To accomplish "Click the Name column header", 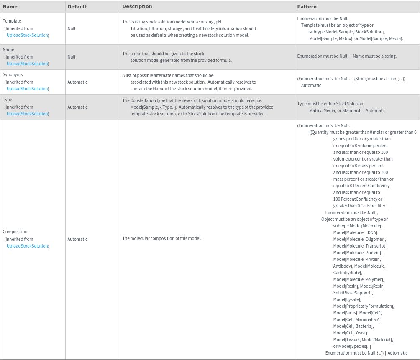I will click(x=10, y=7).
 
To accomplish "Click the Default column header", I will click(x=77, y=7).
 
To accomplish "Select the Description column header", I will click(x=137, y=7).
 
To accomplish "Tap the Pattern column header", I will click(x=307, y=7).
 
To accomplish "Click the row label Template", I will click(x=12, y=21).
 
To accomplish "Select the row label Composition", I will click(x=15, y=232).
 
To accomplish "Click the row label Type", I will click(x=8, y=100).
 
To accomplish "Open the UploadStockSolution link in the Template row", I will click(x=28, y=35).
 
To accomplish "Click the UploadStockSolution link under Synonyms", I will click(x=28, y=89).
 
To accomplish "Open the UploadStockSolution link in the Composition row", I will click(x=28, y=246).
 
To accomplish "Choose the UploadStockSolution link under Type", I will click(x=28, y=114).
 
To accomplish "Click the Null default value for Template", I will click(x=72, y=28).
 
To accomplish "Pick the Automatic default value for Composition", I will click(x=77, y=239).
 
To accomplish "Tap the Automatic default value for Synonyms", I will click(x=77, y=82).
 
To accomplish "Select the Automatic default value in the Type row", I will click(x=77, y=107).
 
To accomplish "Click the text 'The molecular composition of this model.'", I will click(x=162, y=238).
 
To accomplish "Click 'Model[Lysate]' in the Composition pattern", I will click(x=347, y=299).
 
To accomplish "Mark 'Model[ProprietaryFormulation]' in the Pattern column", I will click(x=363, y=306).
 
